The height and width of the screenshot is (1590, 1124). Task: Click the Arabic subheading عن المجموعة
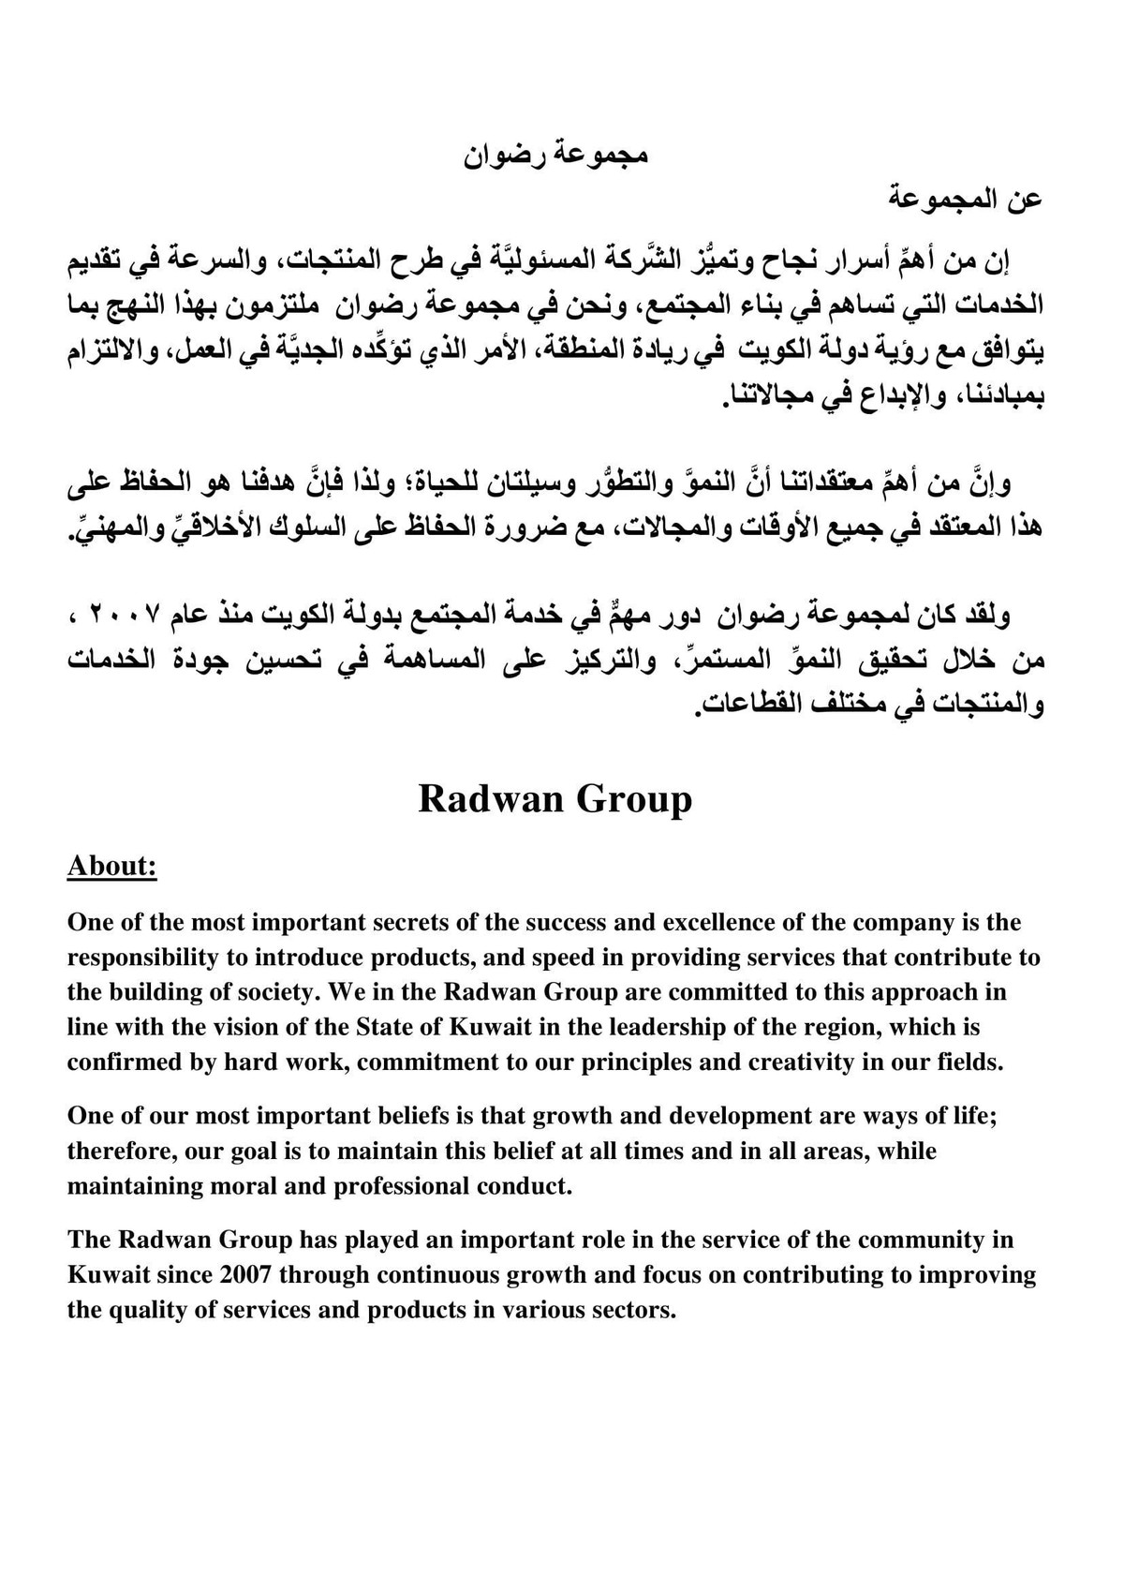(x=966, y=201)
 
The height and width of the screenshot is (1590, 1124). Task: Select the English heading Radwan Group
(x=555, y=799)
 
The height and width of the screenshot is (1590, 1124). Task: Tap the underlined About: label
(x=111, y=866)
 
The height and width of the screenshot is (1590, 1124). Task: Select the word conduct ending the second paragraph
(x=526, y=1186)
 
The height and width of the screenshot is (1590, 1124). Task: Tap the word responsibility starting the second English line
(x=140, y=958)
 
